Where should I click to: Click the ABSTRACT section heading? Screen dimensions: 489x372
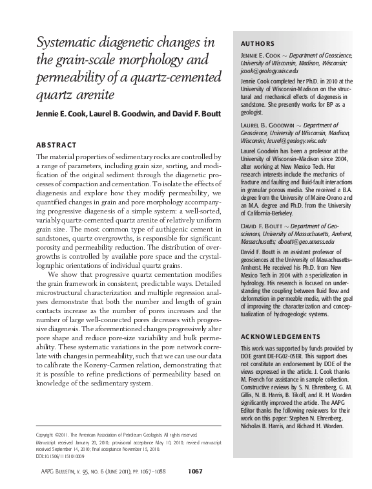[x=58, y=144]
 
